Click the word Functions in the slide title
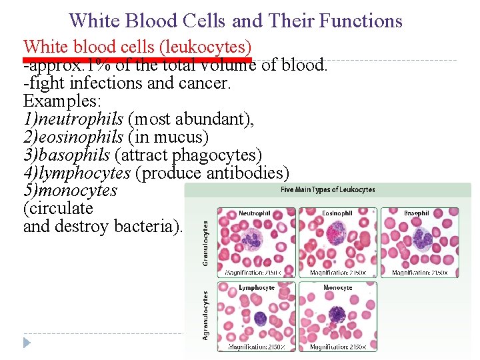tap(361, 21)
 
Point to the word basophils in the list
tap(74, 155)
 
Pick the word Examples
tap(58, 102)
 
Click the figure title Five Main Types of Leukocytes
tap(328, 190)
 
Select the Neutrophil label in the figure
tap(255, 213)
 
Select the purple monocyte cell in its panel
tap(337, 313)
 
